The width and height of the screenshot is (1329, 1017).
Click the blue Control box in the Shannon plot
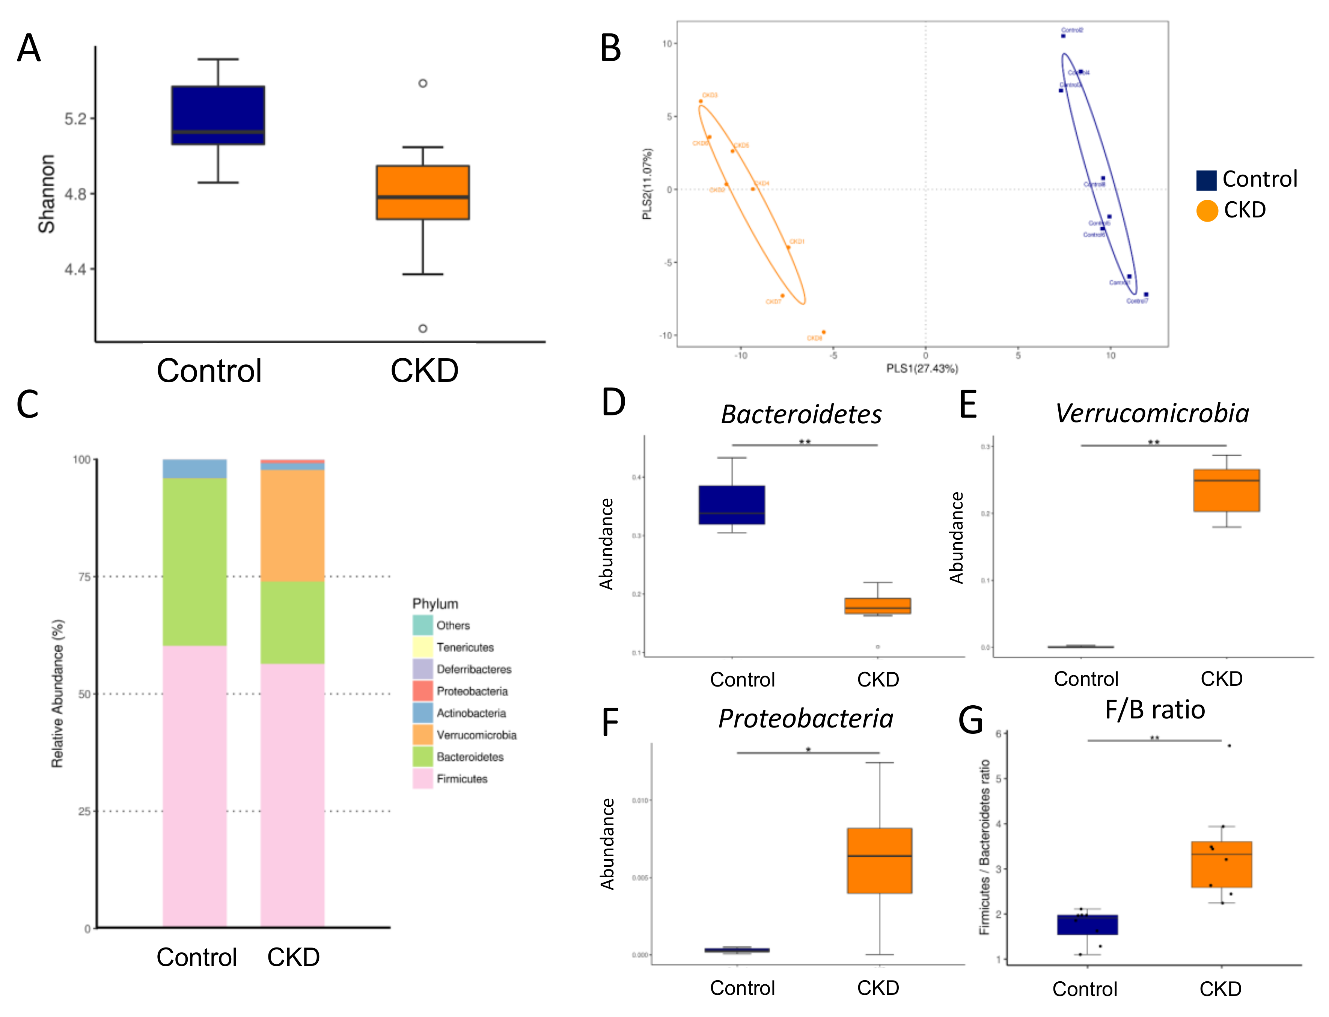218,115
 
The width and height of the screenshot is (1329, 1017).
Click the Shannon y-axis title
47,194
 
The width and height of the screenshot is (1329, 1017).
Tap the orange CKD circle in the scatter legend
1207,211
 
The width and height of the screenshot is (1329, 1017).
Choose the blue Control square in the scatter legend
1206,180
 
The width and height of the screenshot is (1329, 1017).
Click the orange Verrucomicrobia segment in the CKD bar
292,525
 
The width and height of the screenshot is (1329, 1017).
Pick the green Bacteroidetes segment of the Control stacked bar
195,562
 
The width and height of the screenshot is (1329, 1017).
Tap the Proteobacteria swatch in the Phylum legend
422,691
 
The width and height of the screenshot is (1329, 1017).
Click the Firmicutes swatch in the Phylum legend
422,779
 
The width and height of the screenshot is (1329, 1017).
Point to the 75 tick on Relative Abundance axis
85,577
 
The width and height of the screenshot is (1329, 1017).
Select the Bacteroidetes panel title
801,415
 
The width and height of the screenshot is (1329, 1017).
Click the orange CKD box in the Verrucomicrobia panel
1226,490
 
